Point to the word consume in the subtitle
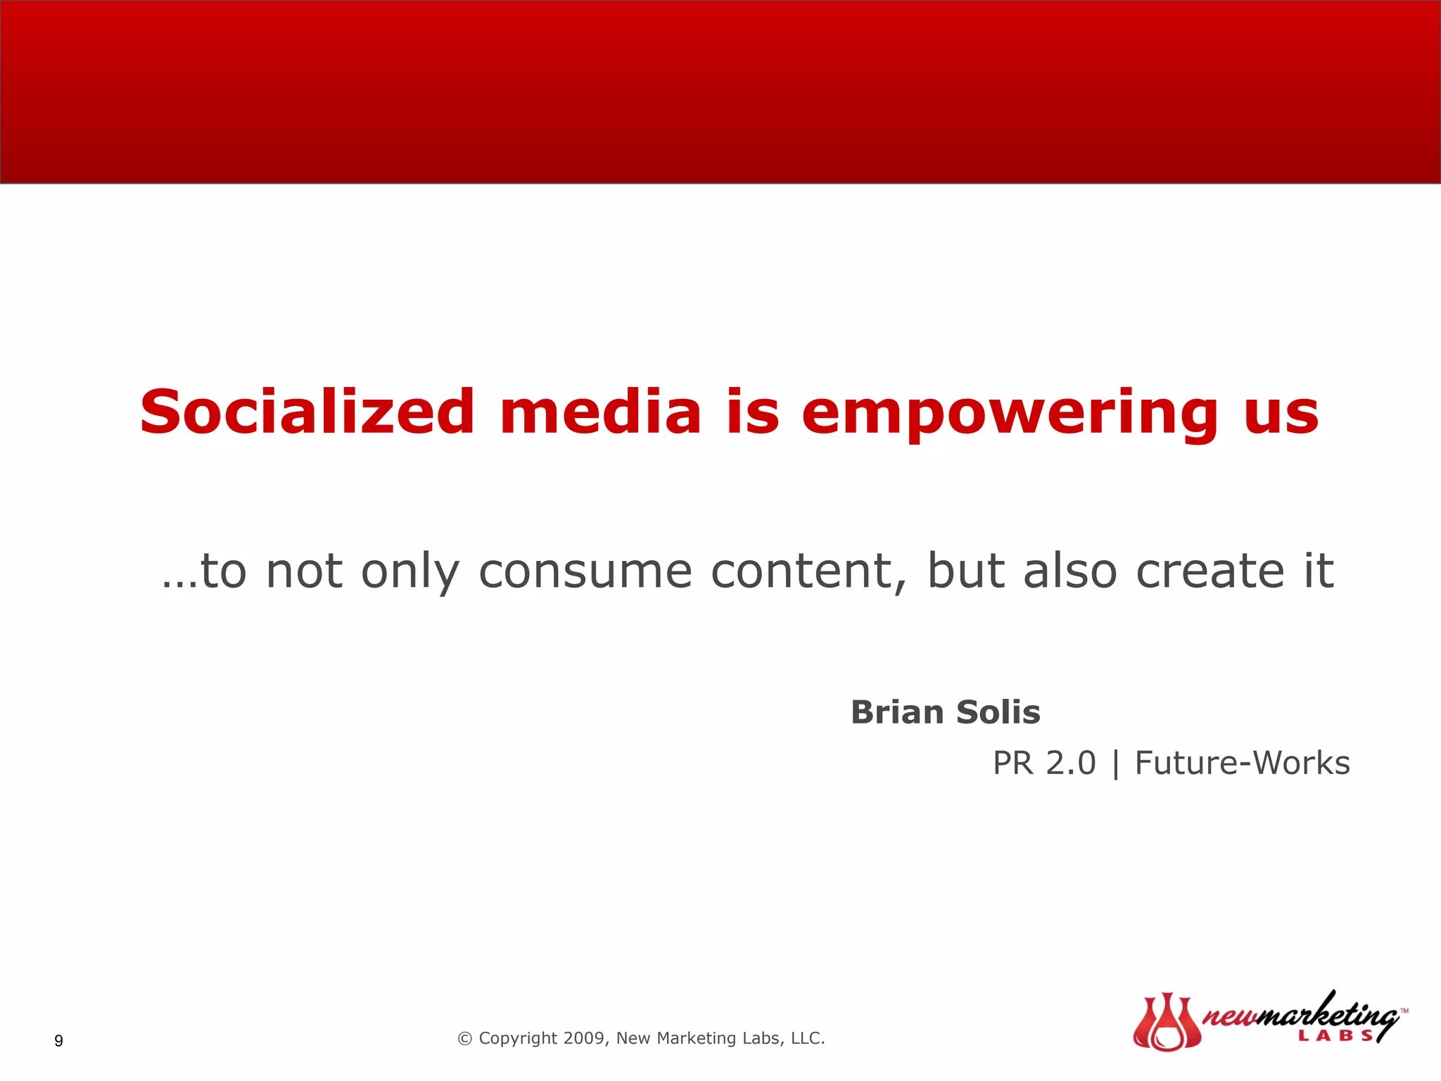[585, 571]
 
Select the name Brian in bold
[896, 712]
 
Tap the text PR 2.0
[1044, 764]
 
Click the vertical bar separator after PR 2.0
[1115, 765]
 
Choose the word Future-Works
[1242, 764]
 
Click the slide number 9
[58, 1041]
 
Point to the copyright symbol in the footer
[464, 1039]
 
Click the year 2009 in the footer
[584, 1038]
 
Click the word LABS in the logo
[1335, 1035]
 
